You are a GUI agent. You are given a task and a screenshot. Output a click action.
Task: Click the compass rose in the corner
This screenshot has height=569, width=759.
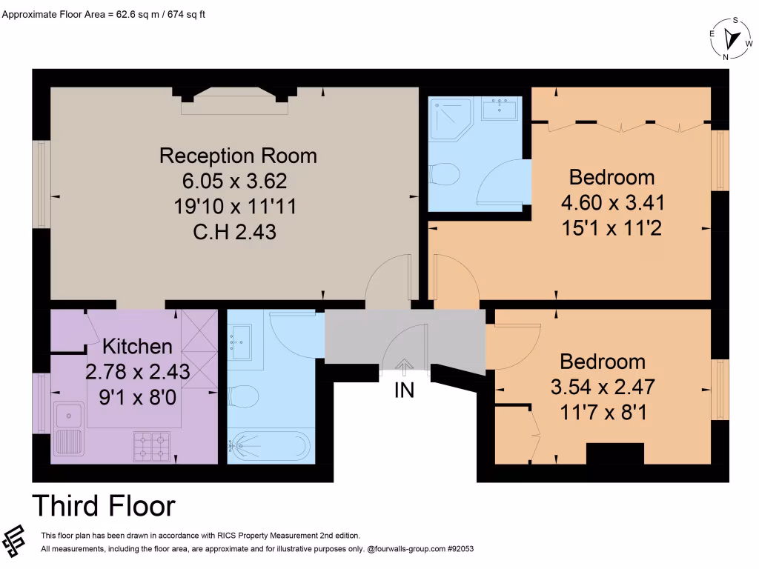(x=731, y=39)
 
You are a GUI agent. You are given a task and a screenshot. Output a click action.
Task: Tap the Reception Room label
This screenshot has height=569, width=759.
(x=238, y=156)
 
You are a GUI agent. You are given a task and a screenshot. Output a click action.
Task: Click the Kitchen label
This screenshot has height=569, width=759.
(x=137, y=346)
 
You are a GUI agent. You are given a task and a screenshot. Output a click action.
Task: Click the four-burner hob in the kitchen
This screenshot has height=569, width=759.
(x=153, y=445)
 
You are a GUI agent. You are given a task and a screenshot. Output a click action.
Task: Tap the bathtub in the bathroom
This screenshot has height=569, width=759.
(x=268, y=446)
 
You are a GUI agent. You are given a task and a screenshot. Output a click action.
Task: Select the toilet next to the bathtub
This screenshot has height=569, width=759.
(x=242, y=398)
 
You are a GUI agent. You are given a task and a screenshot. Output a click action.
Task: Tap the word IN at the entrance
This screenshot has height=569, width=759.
(x=404, y=390)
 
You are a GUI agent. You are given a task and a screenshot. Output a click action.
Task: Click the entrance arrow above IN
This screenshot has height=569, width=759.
(x=404, y=365)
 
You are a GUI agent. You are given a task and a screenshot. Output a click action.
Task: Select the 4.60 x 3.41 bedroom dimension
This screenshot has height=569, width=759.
(x=611, y=202)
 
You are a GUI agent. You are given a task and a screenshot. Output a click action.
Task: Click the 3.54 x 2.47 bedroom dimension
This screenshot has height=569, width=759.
(x=603, y=387)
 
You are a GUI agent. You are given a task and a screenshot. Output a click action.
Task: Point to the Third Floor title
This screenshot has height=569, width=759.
(x=104, y=505)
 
